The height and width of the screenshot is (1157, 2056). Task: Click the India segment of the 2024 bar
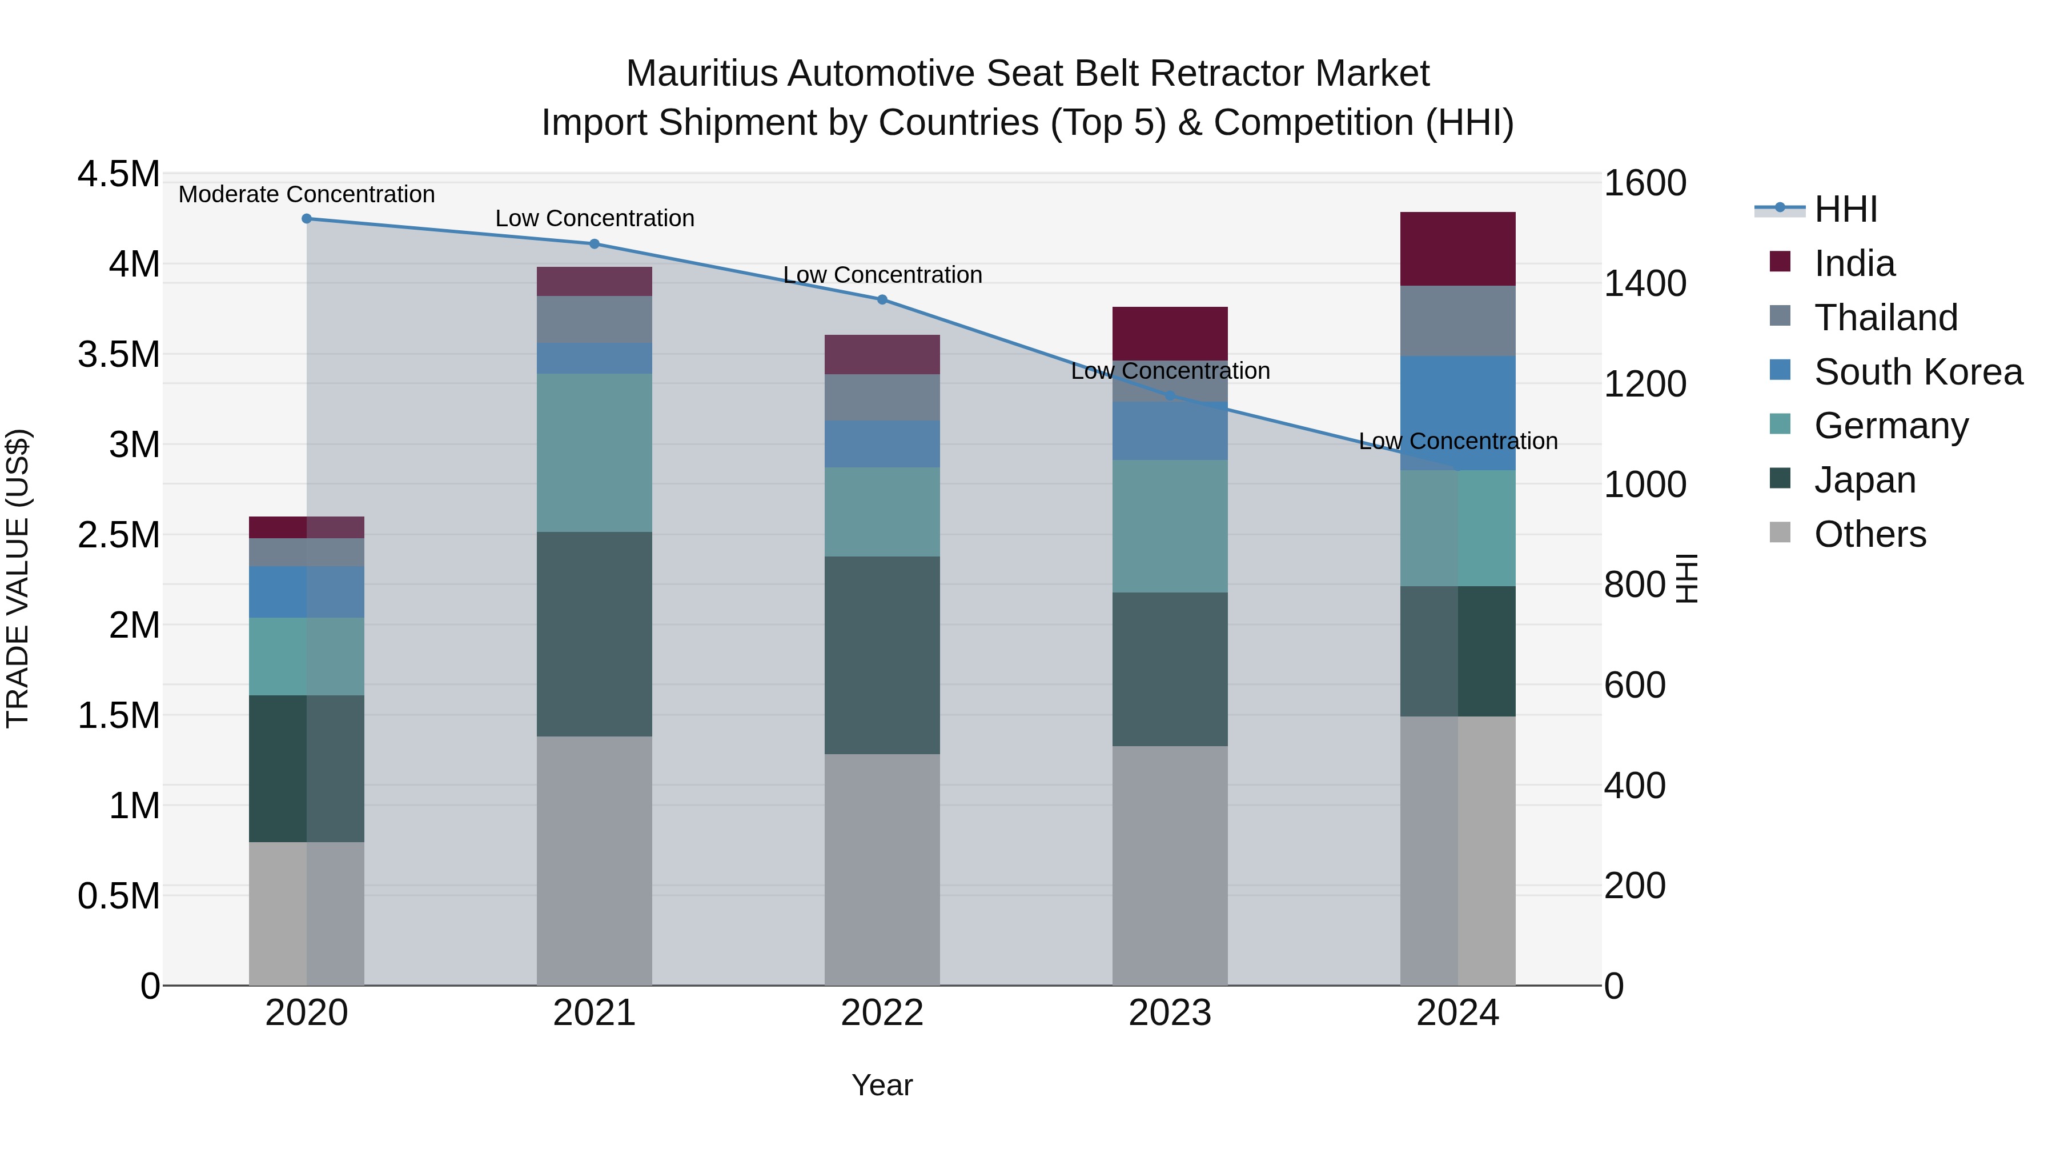pos(1457,249)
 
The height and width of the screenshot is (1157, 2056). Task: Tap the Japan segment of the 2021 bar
pos(594,634)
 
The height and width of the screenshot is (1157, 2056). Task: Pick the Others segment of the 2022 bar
pos(882,870)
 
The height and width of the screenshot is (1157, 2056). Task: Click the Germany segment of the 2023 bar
pos(1169,526)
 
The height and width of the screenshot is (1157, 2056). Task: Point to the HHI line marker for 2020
pos(307,219)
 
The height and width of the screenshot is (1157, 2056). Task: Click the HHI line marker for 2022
pos(882,300)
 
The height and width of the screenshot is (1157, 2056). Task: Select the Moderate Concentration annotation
pos(307,195)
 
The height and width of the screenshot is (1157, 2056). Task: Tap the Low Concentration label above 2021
pos(595,219)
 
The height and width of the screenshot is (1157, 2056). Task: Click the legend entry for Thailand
pos(1885,318)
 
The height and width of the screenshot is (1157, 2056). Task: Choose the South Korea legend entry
pos(1917,372)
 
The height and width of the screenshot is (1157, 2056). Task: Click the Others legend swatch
pos(1780,533)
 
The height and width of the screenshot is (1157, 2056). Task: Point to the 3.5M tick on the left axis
pos(118,354)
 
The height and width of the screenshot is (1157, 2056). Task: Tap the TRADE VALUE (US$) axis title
pos(18,578)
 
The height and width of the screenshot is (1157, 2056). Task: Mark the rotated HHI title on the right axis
pos(1686,578)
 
